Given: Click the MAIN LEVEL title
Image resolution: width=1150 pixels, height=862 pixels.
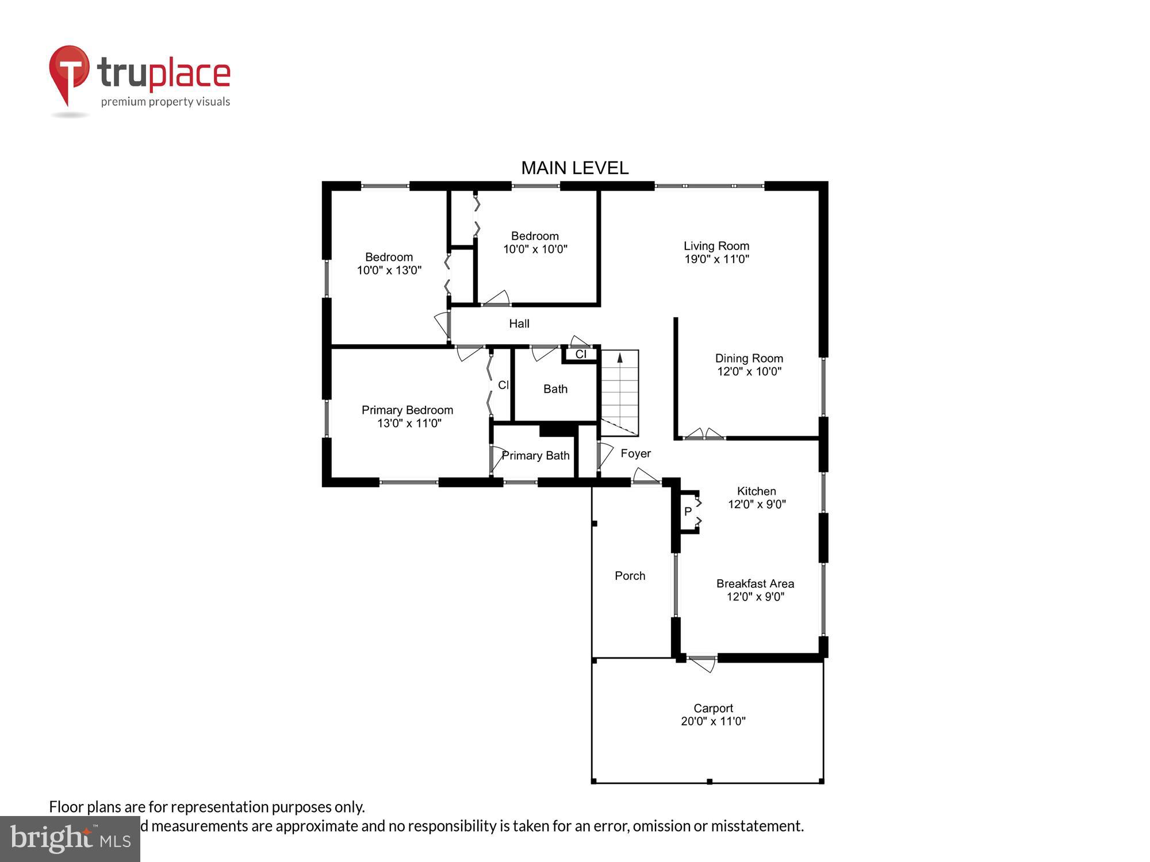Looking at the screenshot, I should point(574,168).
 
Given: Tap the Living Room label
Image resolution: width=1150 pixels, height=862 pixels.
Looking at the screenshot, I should point(716,246).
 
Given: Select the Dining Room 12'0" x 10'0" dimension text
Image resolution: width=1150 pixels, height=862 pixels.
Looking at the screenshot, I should point(749,372).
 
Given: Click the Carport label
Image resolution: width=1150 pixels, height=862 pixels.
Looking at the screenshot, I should point(713,708).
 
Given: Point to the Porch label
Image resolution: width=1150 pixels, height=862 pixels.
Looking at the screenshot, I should point(630,576).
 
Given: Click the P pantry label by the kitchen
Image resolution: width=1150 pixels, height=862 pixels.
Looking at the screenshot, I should point(688,511).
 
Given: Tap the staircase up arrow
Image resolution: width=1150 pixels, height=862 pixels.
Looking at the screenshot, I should point(620,358).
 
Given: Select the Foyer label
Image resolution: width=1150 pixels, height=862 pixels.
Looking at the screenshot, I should point(635,453).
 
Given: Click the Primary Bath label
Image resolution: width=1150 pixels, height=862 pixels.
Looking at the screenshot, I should point(535,456).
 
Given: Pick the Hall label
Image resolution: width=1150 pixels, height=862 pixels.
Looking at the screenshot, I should point(519,324).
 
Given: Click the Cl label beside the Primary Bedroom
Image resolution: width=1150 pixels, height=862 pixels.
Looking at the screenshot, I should point(503,385).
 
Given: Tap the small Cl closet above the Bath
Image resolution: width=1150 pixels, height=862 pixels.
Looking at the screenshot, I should point(581,354).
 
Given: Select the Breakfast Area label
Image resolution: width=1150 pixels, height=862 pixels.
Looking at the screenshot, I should point(755,583).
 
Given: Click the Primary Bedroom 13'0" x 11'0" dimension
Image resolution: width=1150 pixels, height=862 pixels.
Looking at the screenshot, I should point(409,424).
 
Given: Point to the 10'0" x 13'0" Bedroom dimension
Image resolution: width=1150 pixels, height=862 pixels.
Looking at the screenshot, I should point(389,270).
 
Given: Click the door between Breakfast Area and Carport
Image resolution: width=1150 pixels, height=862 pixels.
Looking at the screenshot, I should point(702,662).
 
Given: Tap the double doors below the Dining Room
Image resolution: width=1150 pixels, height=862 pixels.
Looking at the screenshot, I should point(704,435).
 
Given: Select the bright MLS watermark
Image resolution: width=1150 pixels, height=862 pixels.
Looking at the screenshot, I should point(70,838).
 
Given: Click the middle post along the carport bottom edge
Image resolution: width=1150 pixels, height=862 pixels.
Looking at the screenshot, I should point(710,782).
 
